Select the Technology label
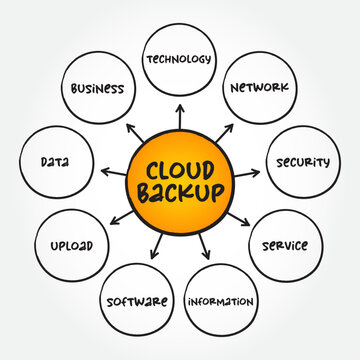[179, 59]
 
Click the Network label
[259, 87]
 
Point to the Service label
[285, 245]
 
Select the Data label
[55, 160]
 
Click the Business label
[97, 88]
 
